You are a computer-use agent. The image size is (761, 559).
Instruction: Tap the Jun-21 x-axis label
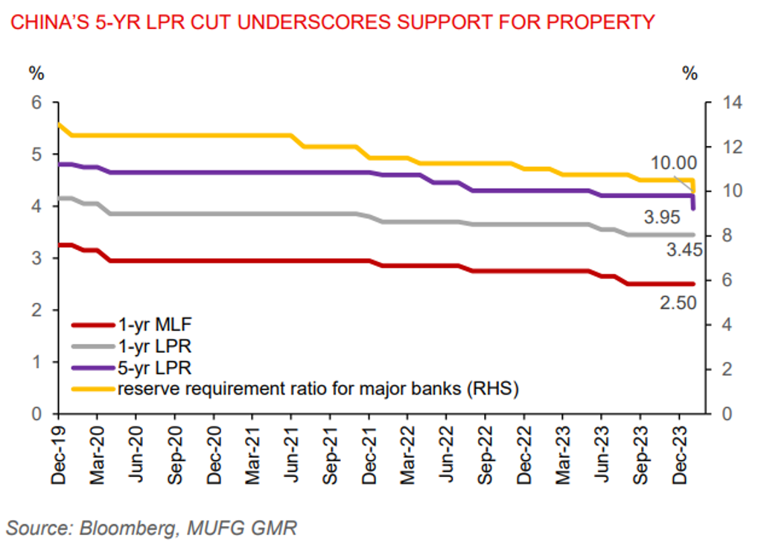(x=292, y=455)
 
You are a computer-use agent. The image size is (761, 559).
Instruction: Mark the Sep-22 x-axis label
(x=487, y=455)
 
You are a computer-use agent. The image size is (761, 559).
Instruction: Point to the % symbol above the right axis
(x=690, y=73)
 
